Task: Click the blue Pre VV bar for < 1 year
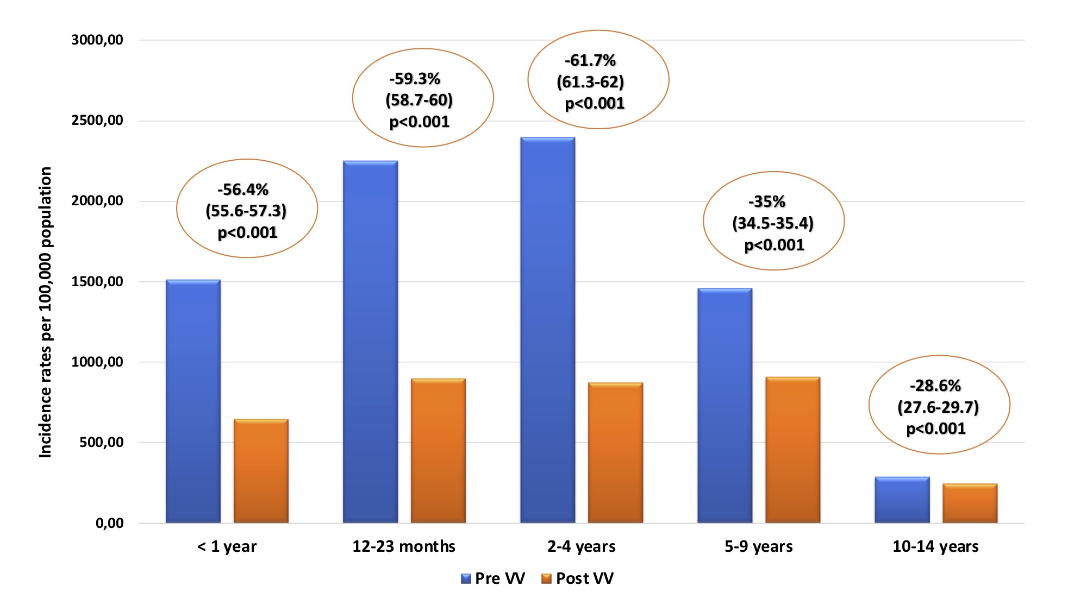[x=193, y=401]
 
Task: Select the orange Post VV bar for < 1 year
[x=261, y=471]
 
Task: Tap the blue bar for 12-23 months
[x=370, y=342]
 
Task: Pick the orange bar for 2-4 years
[x=615, y=453]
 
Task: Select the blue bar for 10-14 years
[x=902, y=500]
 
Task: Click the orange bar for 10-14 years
[x=970, y=503]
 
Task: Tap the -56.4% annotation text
[x=243, y=190]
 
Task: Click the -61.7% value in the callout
[x=590, y=60]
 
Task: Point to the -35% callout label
[x=767, y=202]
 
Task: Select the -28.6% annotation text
[x=935, y=386]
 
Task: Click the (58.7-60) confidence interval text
[x=419, y=100]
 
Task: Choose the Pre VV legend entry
[x=493, y=578]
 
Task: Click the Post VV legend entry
[x=578, y=578]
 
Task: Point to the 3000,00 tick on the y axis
[x=97, y=40]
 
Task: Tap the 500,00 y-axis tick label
[x=102, y=442]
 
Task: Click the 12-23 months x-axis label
[x=404, y=546]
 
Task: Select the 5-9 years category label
[x=758, y=546]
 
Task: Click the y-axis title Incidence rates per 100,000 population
[x=46, y=312]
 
